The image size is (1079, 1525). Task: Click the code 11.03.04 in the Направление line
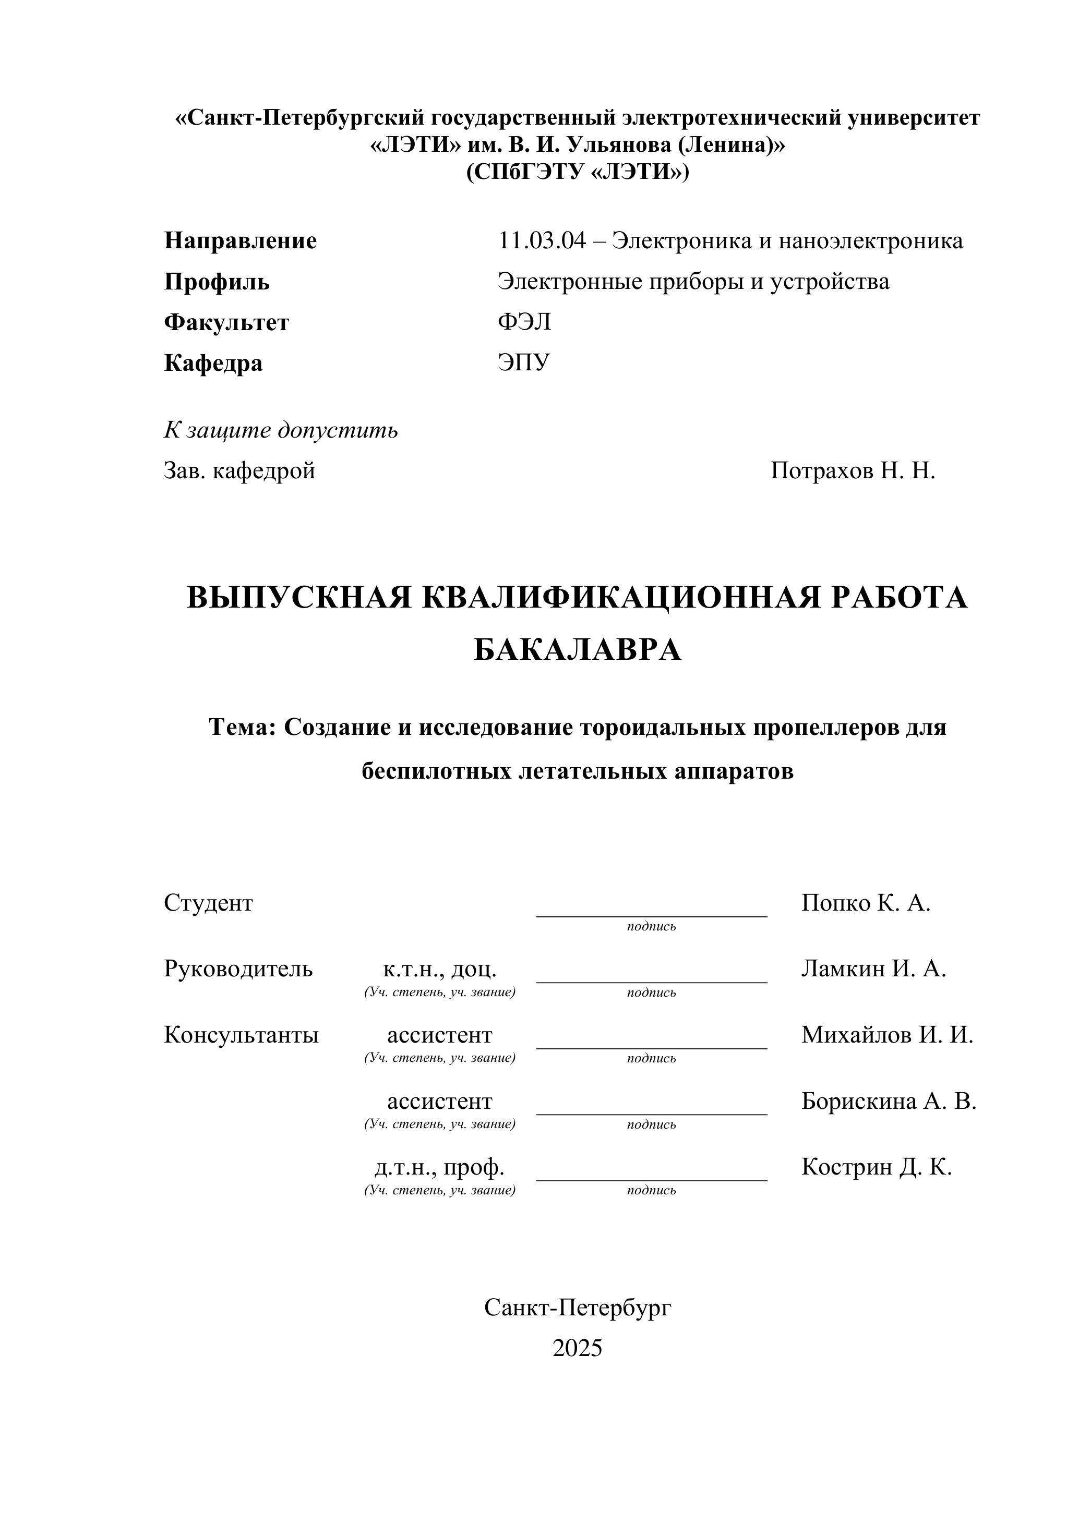(x=542, y=240)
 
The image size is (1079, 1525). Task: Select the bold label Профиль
(x=217, y=282)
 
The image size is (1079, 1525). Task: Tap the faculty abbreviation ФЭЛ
(x=524, y=322)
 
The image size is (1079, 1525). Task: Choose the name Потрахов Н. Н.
(x=853, y=471)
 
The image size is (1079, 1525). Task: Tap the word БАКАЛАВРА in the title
(x=578, y=650)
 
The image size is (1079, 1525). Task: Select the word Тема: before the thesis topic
(x=243, y=728)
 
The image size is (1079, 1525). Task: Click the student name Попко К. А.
(x=865, y=903)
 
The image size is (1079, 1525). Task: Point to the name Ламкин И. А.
(x=873, y=969)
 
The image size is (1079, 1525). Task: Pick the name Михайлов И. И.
(x=887, y=1035)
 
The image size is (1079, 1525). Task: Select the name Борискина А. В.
(x=889, y=1101)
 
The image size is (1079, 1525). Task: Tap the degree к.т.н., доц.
(x=439, y=969)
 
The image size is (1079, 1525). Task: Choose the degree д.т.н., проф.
(x=439, y=1167)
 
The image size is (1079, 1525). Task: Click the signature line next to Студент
(x=651, y=915)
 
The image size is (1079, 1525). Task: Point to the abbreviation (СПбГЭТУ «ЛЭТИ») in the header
(x=578, y=172)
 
